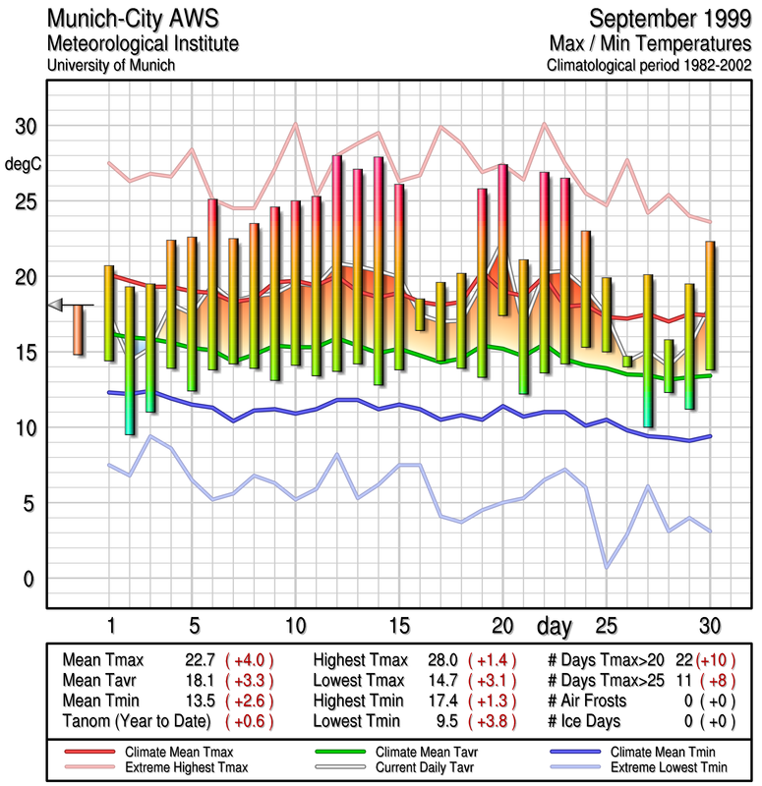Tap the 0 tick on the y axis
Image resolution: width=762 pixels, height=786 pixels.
point(30,578)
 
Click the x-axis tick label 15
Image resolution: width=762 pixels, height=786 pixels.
point(399,625)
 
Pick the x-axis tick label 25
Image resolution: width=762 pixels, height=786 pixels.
point(606,625)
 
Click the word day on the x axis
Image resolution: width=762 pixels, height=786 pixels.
point(556,625)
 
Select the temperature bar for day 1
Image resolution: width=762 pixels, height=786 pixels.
point(109,313)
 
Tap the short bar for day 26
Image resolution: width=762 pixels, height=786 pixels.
point(626,362)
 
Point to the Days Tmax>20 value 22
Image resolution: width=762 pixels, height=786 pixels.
point(685,661)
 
